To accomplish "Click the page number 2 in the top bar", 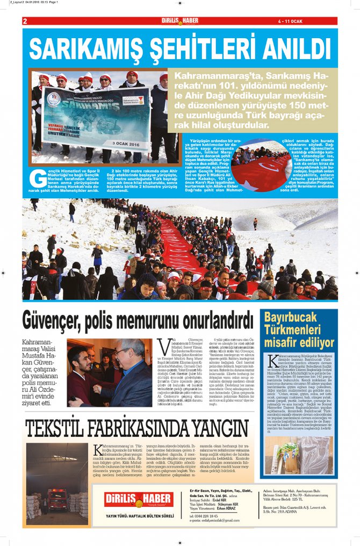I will (25, 21).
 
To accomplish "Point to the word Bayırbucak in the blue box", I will (298, 317).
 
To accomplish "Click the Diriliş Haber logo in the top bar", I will (180, 21).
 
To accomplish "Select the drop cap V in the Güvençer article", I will (163, 344).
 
